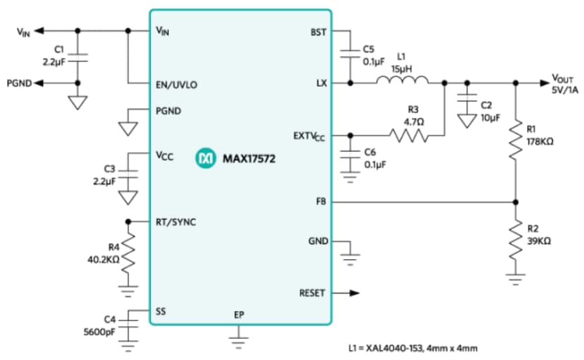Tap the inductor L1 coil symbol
[x=396, y=83]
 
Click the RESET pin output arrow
[x=349, y=293]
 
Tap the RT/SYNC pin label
[x=176, y=222]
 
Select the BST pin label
[x=318, y=32]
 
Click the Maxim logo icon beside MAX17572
[x=204, y=160]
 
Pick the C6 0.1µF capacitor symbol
[x=350, y=159]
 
